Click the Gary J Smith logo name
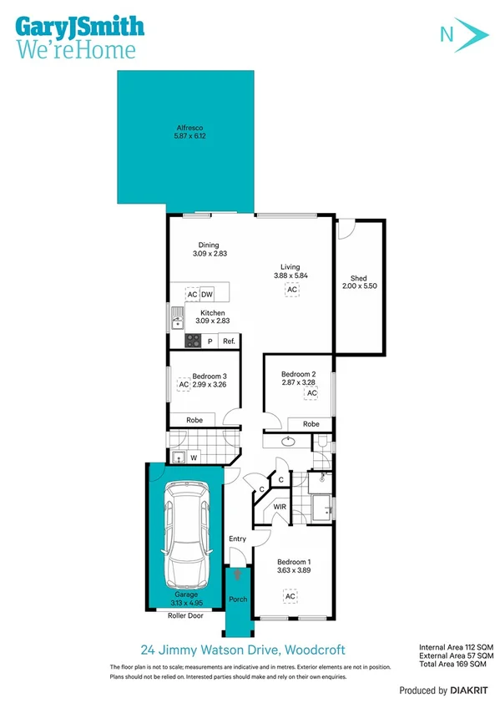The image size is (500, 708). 78,26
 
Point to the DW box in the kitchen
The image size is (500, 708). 206,295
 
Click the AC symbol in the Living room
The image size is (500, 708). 291,290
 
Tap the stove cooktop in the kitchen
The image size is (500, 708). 191,340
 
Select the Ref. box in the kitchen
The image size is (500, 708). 229,341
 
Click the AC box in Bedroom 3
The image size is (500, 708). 183,385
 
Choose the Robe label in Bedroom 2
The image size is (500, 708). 311,424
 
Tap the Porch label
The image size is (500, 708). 237,599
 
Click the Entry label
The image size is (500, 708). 237,539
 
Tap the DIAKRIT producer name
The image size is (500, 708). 467,690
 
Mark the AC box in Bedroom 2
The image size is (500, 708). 311,392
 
